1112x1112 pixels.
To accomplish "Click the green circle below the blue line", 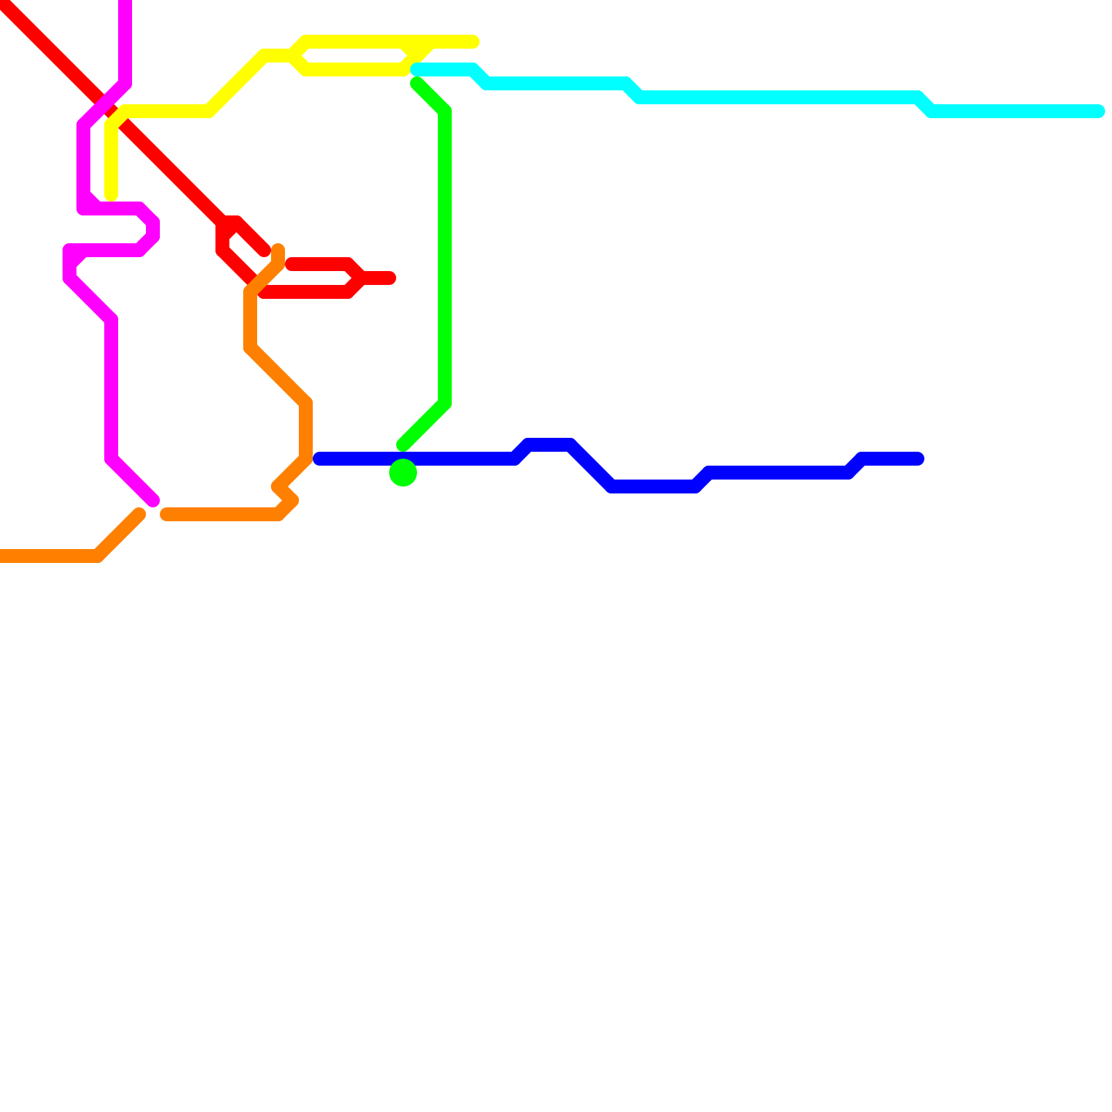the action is click(403, 473).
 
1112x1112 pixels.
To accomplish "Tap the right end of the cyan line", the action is click(1098, 111).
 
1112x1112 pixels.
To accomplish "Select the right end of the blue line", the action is click(917, 459).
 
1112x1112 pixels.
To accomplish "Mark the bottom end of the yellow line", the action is click(111, 196).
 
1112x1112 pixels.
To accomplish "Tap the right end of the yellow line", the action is click(474, 42).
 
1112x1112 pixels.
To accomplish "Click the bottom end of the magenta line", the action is click(154, 500).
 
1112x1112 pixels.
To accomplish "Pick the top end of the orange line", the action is click(278, 249).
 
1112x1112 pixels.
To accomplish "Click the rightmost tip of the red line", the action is click(391, 278).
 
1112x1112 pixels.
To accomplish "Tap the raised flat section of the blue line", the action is click(549, 445).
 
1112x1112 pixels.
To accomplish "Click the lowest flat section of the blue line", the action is click(653, 486).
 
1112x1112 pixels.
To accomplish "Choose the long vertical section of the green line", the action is click(445, 257).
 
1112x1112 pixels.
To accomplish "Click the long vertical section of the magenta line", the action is click(111, 389).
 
